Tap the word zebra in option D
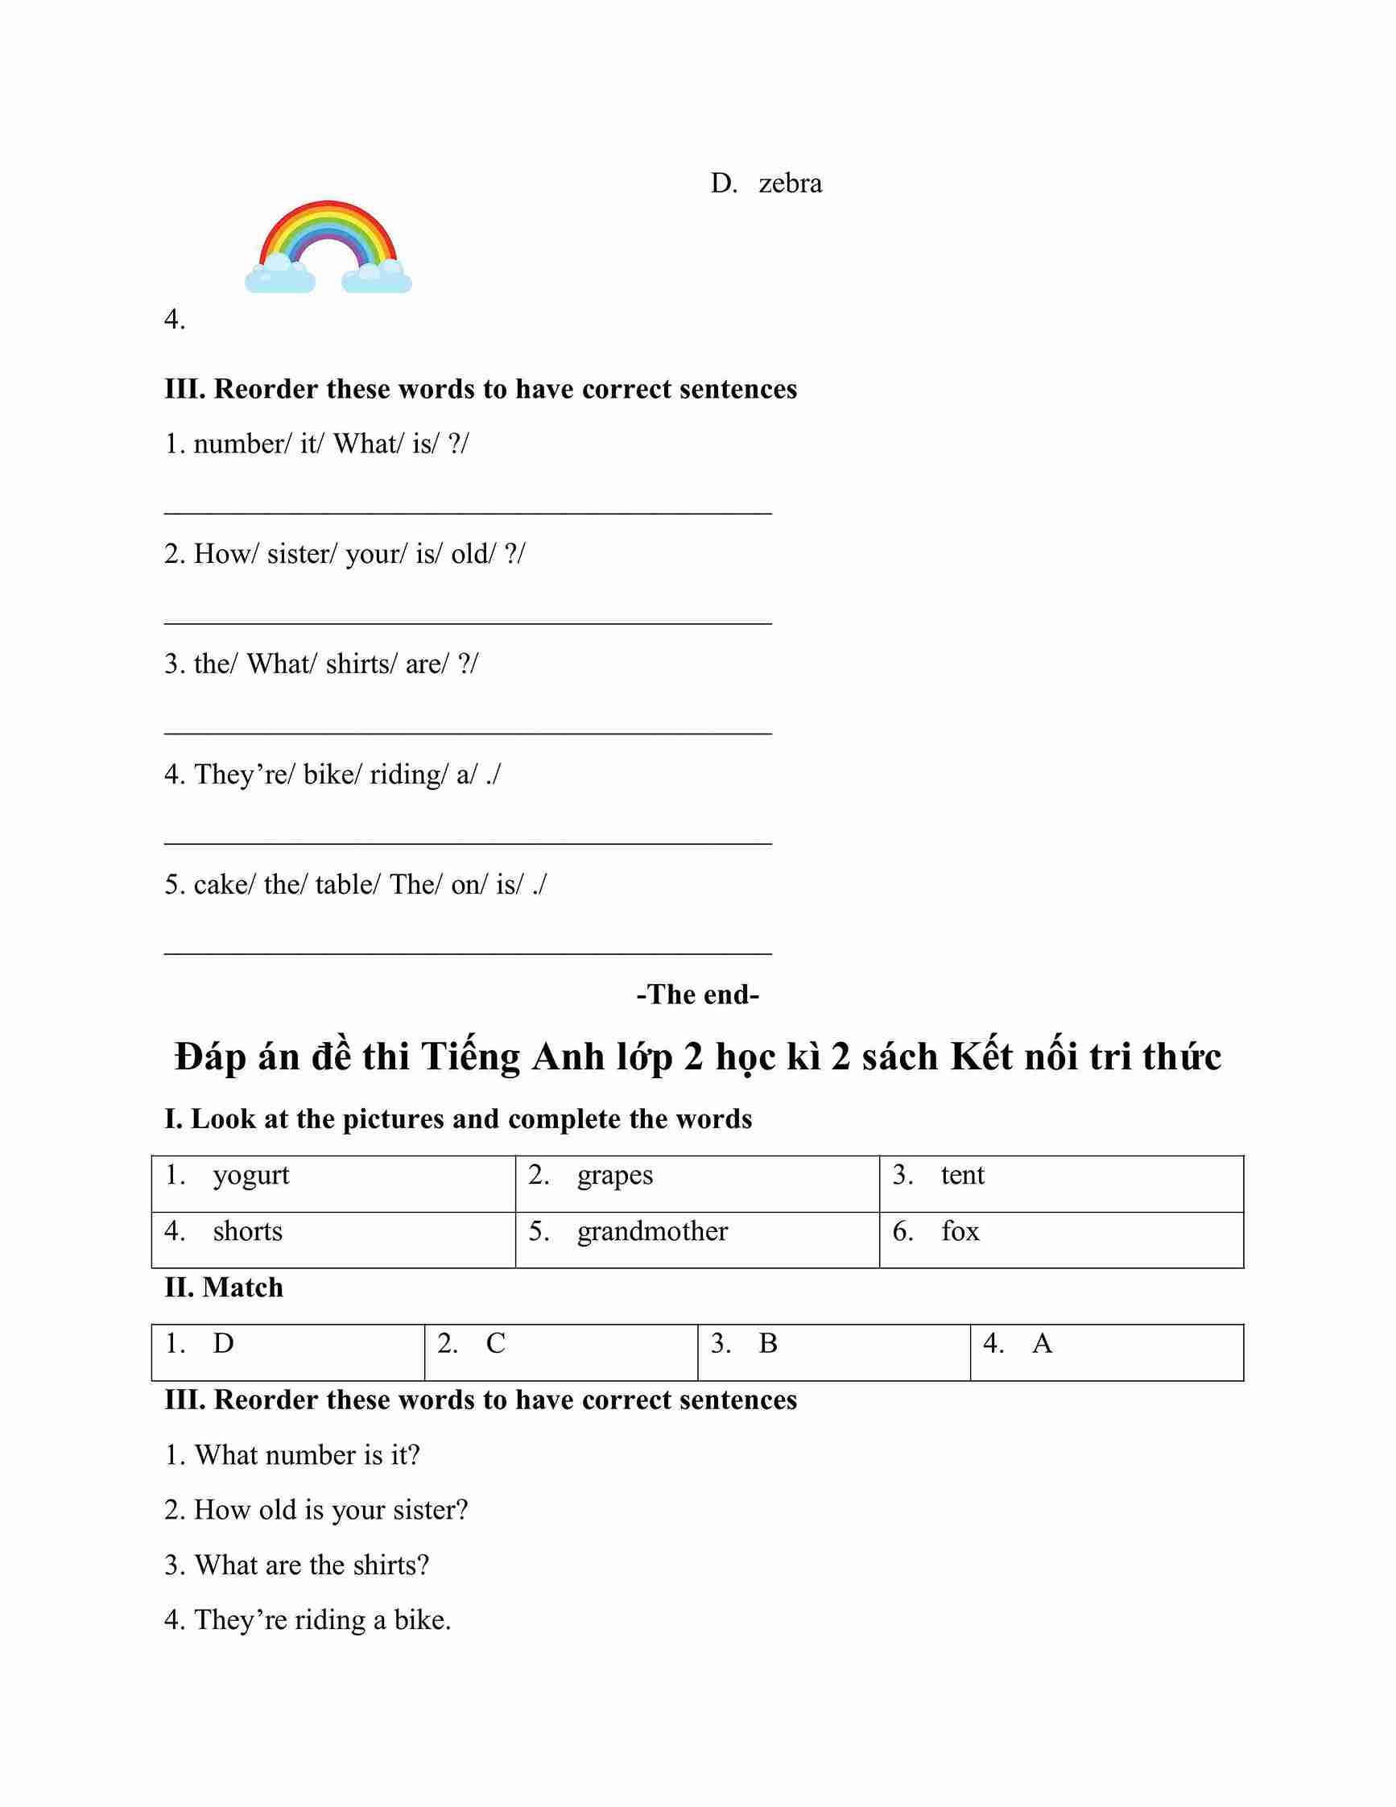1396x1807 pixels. coord(790,183)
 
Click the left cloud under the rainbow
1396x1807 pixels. coord(279,275)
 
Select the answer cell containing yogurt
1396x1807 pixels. coord(333,1183)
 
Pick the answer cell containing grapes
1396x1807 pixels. coord(697,1183)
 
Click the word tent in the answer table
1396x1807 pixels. coord(963,1176)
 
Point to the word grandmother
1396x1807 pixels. coord(653,1232)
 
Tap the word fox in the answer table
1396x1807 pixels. coord(960,1232)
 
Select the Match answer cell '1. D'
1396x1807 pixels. coord(287,1352)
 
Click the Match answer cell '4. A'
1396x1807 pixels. coord(1106,1352)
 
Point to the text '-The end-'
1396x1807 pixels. coord(697,994)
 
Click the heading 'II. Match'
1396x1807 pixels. coord(223,1288)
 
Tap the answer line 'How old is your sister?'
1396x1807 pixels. coord(316,1510)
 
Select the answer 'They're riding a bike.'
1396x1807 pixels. coord(308,1619)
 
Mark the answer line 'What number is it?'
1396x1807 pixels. coord(293,1455)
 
